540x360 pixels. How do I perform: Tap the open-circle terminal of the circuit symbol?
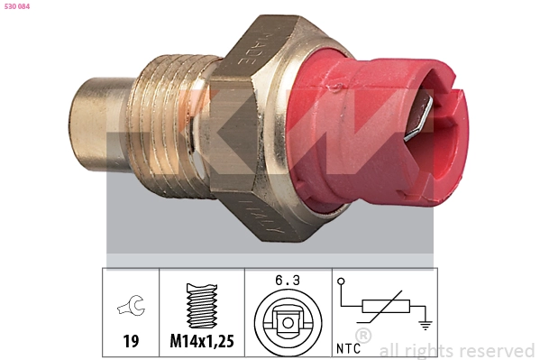[x=341, y=282]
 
